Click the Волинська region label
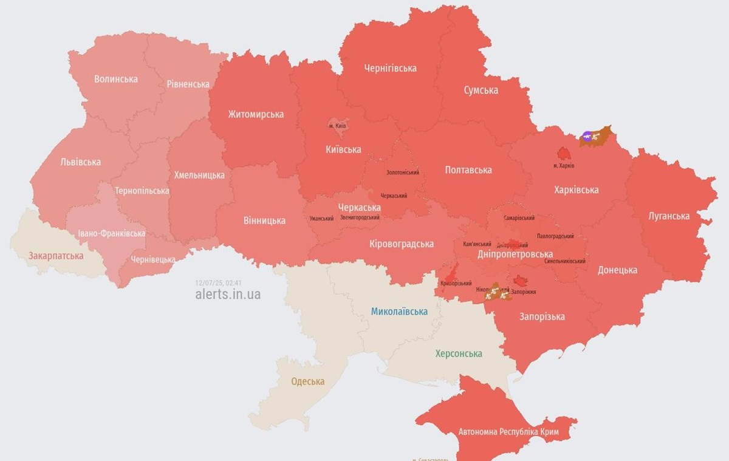pos(116,79)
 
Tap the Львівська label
pos(81,162)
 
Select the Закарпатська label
pos(56,256)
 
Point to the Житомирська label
pos(256,114)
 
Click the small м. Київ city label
pos(337,126)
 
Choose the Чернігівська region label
pos(390,68)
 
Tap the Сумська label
pos(481,90)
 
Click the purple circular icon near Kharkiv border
pos(586,135)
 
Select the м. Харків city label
pos(564,166)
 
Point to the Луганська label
pos(668,216)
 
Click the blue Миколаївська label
pos(399,312)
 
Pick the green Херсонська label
pos(459,353)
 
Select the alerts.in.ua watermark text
pos(228,295)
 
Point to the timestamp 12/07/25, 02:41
pos(219,283)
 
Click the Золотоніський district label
pos(403,172)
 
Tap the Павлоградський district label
pos(555,236)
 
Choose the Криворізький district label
pos(456,284)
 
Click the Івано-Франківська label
pos(112,233)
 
